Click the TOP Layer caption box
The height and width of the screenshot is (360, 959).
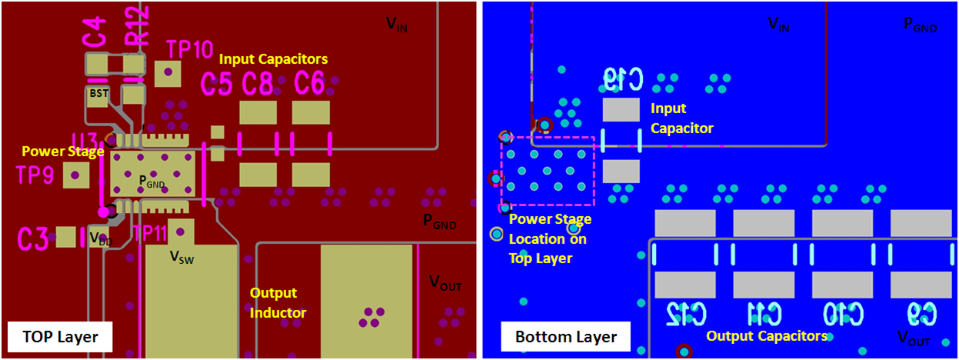click(59, 335)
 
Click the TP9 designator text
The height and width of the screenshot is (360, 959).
click(35, 175)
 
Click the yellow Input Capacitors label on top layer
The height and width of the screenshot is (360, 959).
click(273, 58)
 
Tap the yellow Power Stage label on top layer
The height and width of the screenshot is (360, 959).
click(62, 152)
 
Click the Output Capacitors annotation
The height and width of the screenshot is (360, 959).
click(766, 336)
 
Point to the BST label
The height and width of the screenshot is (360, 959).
click(98, 93)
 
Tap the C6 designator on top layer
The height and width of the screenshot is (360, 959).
click(309, 83)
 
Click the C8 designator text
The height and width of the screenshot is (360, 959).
click(258, 83)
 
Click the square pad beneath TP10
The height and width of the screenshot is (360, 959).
click(167, 75)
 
